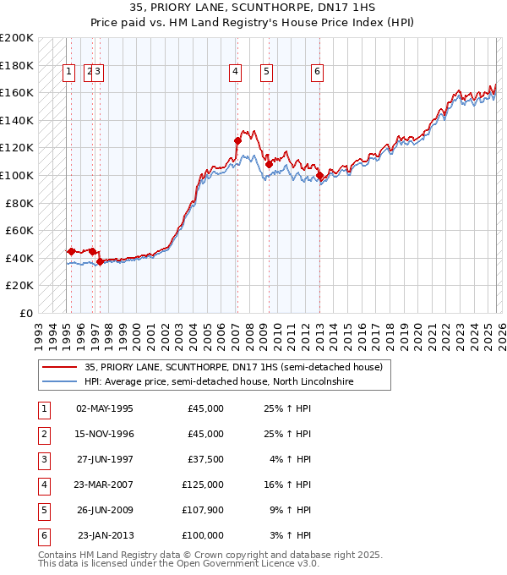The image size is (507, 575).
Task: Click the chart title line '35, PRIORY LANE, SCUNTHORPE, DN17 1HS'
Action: [253, 8]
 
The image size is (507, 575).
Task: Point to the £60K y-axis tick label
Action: [19, 230]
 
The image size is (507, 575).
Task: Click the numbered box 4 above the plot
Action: [234, 73]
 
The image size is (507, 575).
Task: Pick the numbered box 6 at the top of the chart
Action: [316, 73]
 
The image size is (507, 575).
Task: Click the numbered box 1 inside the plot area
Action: [68, 73]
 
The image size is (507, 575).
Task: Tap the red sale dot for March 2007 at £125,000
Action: [237, 140]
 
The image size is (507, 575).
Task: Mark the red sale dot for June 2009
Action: [269, 164]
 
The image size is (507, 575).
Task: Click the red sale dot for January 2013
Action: [319, 175]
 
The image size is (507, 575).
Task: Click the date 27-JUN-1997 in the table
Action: [105, 459]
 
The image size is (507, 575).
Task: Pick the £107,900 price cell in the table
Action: [203, 510]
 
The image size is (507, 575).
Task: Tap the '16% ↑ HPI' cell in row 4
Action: [287, 485]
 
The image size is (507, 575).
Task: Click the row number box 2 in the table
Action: [42, 434]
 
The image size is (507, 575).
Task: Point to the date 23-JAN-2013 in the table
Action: [105, 535]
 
